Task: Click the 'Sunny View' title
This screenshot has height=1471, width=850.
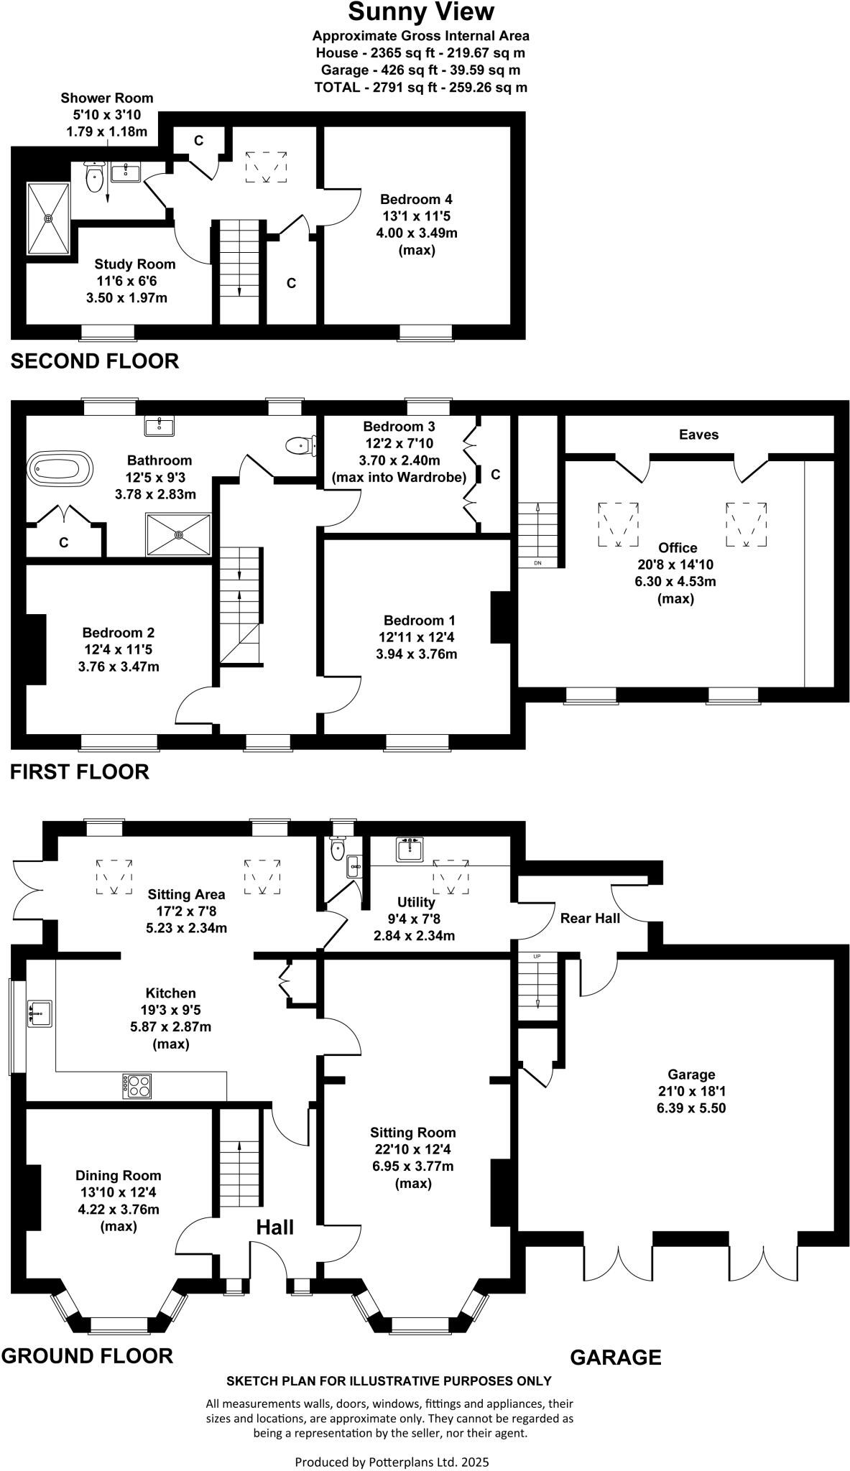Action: click(x=421, y=12)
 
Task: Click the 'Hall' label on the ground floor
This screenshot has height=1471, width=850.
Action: click(x=275, y=1228)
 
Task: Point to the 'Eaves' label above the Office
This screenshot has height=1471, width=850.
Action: click(x=698, y=435)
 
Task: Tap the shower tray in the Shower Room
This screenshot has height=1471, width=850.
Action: click(x=49, y=218)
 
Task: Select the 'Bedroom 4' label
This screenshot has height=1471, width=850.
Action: click(x=416, y=199)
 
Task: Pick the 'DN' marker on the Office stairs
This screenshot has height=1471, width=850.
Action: click(x=537, y=562)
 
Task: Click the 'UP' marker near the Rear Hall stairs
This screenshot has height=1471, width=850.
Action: click(x=537, y=957)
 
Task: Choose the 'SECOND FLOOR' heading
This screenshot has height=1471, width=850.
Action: click(x=95, y=361)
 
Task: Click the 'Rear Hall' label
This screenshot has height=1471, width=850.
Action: click(x=590, y=918)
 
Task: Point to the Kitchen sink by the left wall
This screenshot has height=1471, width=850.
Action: click(x=40, y=1013)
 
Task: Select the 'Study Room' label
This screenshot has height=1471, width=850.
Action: click(x=135, y=264)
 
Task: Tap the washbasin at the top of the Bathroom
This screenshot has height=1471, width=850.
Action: click(x=159, y=426)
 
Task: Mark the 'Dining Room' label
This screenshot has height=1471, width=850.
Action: click(x=119, y=1176)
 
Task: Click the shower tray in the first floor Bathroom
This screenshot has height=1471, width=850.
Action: click(x=179, y=534)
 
